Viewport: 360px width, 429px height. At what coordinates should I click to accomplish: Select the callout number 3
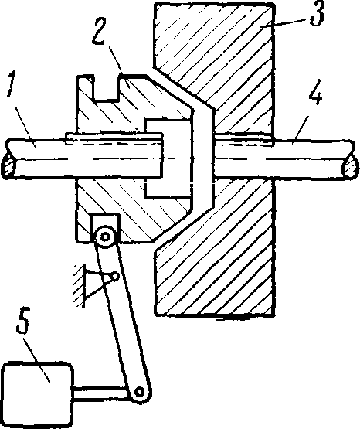(x=318, y=14)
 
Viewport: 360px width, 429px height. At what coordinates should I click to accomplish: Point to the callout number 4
(x=315, y=92)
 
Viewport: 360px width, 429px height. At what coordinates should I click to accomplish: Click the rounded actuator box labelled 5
(x=37, y=393)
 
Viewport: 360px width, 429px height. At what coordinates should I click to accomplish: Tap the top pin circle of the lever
(x=105, y=237)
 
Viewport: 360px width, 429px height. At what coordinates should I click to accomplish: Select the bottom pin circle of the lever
(x=140, y=392)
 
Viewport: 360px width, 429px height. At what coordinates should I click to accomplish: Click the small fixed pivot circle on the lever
(x=116, y=277)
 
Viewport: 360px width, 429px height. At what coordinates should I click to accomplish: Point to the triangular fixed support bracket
(x=96, y=283)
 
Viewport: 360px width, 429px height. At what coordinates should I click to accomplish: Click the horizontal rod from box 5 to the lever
(x=101, y=393)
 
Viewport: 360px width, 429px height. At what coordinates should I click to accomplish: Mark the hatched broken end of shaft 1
(x=8, y=167)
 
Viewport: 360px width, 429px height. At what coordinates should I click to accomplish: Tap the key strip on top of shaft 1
(x=114, y=137)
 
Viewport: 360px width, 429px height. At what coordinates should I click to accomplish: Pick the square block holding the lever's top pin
(x=106, y=227)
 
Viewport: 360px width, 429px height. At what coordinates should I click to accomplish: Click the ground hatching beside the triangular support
(x=79, y=286)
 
